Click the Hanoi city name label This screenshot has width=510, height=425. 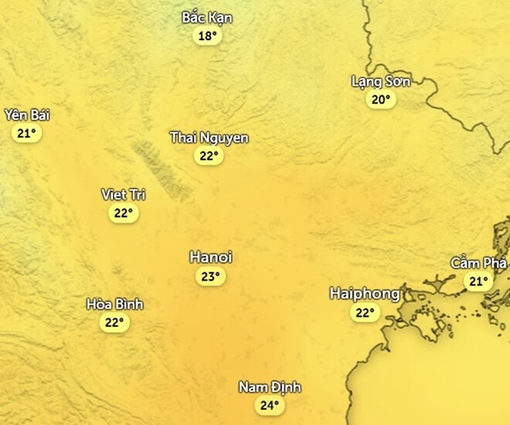click(x=210, y=258)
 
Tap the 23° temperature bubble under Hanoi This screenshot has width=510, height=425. click(x=209, y=277)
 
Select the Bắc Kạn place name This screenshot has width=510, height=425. click(x=206, y=18)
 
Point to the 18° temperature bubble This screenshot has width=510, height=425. click(x=206, y=36)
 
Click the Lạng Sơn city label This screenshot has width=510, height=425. click(x=380, y=81)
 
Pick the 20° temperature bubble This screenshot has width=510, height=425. click(x=379, y=100)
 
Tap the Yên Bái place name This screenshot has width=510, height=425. click(x=26, y=115)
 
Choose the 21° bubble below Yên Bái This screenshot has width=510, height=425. click(x=26, y=133)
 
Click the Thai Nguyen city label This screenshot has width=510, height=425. click(x=209, y=138)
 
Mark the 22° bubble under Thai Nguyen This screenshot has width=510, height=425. click(x=209, y=156)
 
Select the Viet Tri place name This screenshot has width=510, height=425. click(x=124, y=195)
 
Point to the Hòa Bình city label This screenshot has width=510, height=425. click(x=115, y=304)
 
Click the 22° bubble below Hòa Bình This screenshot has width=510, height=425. click(x=114, y=323)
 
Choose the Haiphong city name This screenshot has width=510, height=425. click(x=364, y=294)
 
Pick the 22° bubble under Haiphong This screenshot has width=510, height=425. click(x=364, y=313)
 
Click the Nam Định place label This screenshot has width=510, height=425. click(x=269, y=387)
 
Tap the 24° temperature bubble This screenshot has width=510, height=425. click(x=269, y=406)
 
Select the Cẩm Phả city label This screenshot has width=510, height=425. click(x=479, y=263)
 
